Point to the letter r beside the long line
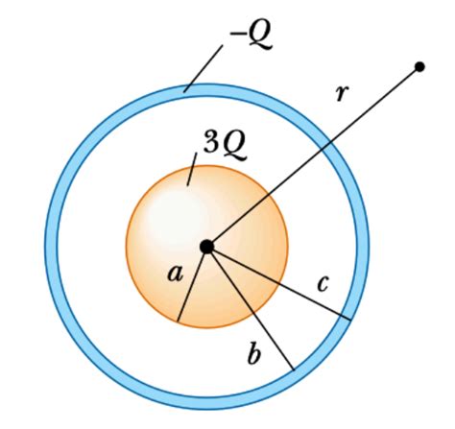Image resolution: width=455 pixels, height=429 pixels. tap(343, 93)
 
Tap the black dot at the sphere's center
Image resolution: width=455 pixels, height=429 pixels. tap(206, 248)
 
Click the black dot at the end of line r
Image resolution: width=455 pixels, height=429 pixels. tap(419, 66)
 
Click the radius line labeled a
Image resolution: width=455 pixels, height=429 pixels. tap(192, 284)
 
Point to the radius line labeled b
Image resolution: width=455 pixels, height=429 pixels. tap(250, 307)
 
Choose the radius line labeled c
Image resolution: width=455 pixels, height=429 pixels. tap(278, 283)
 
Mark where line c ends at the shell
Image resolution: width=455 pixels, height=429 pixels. tap(348, 318)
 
